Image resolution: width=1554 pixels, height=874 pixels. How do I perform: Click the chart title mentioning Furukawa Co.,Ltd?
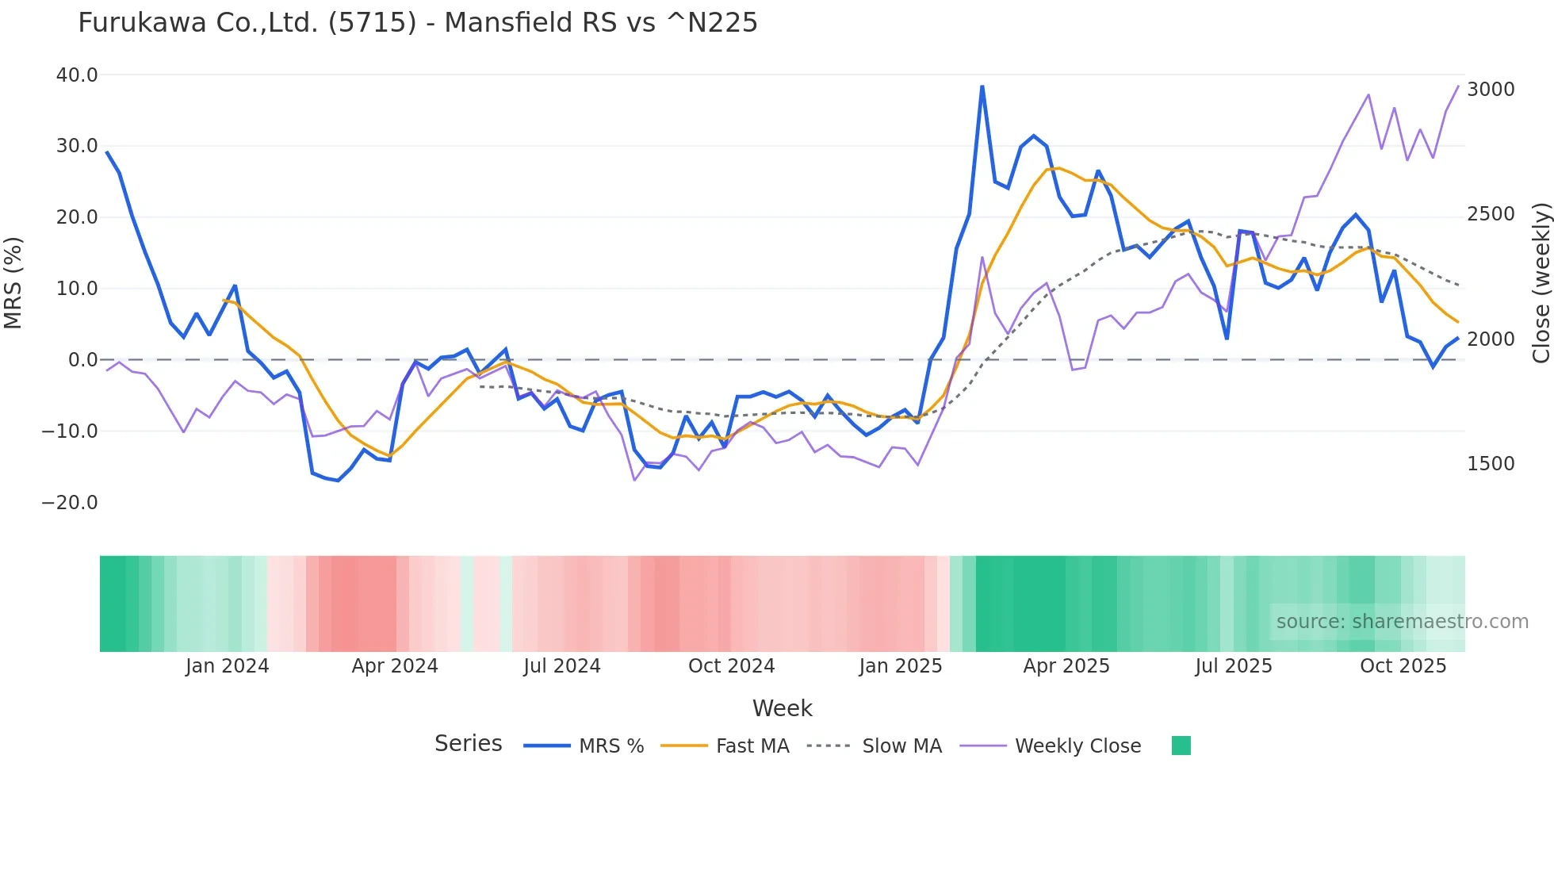pos(418,22)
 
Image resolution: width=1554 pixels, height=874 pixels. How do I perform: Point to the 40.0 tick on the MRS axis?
pos(77,75)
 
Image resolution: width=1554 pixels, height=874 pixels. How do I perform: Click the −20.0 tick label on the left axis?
pos(70,503)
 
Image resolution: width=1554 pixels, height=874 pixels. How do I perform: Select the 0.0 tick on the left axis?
pos(83,360)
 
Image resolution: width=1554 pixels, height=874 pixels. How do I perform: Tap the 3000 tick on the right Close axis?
pos(1491,90)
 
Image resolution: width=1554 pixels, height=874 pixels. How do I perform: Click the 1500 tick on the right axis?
pos(1491,464)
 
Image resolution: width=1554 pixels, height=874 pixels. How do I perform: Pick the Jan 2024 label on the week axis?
pos(228,666)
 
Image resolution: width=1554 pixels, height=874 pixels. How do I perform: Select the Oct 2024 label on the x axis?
pos(731,666)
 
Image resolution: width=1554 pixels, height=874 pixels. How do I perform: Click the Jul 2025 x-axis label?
pos(1234,666)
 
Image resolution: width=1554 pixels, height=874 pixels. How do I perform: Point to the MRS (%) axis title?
pos(13,283)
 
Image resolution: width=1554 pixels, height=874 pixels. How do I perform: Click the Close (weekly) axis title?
pos(1541,283)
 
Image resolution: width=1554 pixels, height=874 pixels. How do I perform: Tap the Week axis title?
pos(782,708)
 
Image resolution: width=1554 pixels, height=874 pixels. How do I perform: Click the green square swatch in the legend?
pos(1181,746)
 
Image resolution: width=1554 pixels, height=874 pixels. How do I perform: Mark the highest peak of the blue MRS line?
pos(982,86)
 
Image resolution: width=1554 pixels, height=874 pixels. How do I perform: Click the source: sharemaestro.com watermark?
pos(1402,622)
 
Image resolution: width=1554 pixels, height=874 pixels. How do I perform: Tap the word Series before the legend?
pos(468,744)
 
